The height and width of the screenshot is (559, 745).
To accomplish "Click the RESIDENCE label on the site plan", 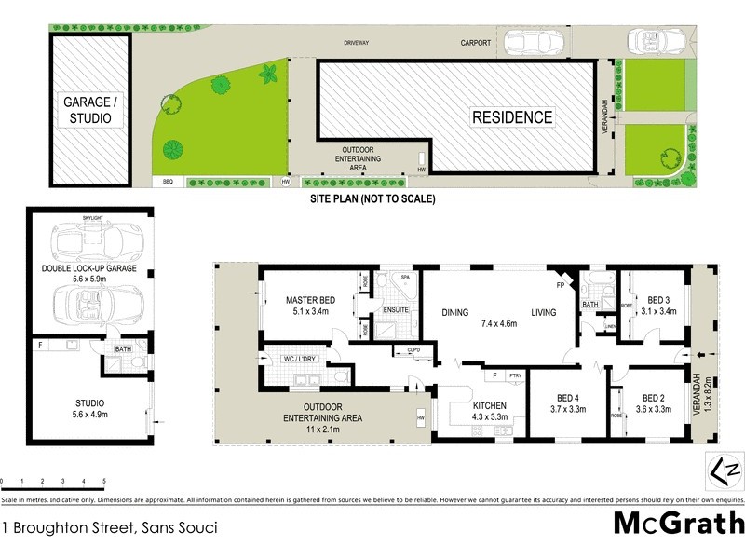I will pos(511,117).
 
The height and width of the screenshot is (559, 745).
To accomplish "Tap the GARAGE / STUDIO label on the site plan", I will pos(90,110).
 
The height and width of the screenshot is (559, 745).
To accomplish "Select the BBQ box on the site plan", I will pos(169,182).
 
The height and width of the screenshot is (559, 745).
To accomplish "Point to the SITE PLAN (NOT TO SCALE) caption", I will pos(372,199).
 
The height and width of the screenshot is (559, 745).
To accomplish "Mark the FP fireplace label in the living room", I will pos(562,283).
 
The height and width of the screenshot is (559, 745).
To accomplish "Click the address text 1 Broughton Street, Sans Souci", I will pos(109,527).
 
